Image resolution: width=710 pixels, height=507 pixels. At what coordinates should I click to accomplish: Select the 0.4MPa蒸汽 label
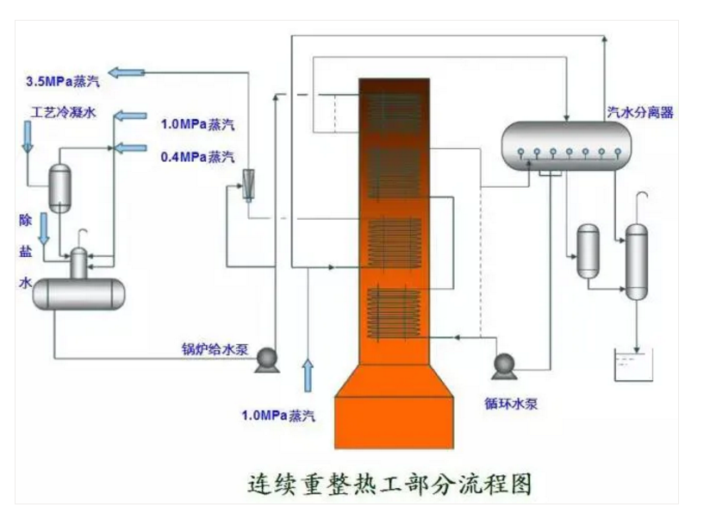point(197,157)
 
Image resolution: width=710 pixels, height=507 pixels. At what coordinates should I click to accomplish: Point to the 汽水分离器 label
point(640,112)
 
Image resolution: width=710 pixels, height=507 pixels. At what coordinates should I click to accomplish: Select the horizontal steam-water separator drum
point(564,141)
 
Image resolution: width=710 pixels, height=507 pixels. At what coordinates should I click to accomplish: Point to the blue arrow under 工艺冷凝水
point(27,137)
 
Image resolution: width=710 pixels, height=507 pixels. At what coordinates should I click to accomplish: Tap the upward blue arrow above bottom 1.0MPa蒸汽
point(308,376)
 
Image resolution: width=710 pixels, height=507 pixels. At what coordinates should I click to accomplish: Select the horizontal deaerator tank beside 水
point(78,293)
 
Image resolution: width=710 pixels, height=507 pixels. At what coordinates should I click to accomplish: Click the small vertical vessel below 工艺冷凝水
point(60,186)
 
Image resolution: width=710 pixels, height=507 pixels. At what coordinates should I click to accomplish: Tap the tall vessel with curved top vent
point(636,260)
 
